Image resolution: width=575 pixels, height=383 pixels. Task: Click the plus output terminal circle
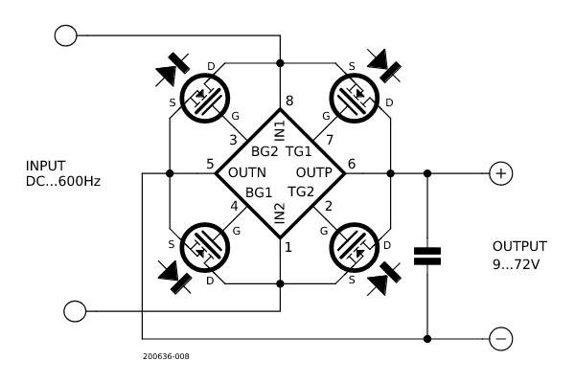[500, 173]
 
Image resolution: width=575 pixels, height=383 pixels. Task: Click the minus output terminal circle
[500, 338]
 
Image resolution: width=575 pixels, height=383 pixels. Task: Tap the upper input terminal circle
[66, 35]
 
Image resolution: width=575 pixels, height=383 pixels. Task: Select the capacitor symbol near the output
[427, 256]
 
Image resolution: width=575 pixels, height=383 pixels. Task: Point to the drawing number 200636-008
[165, 357]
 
